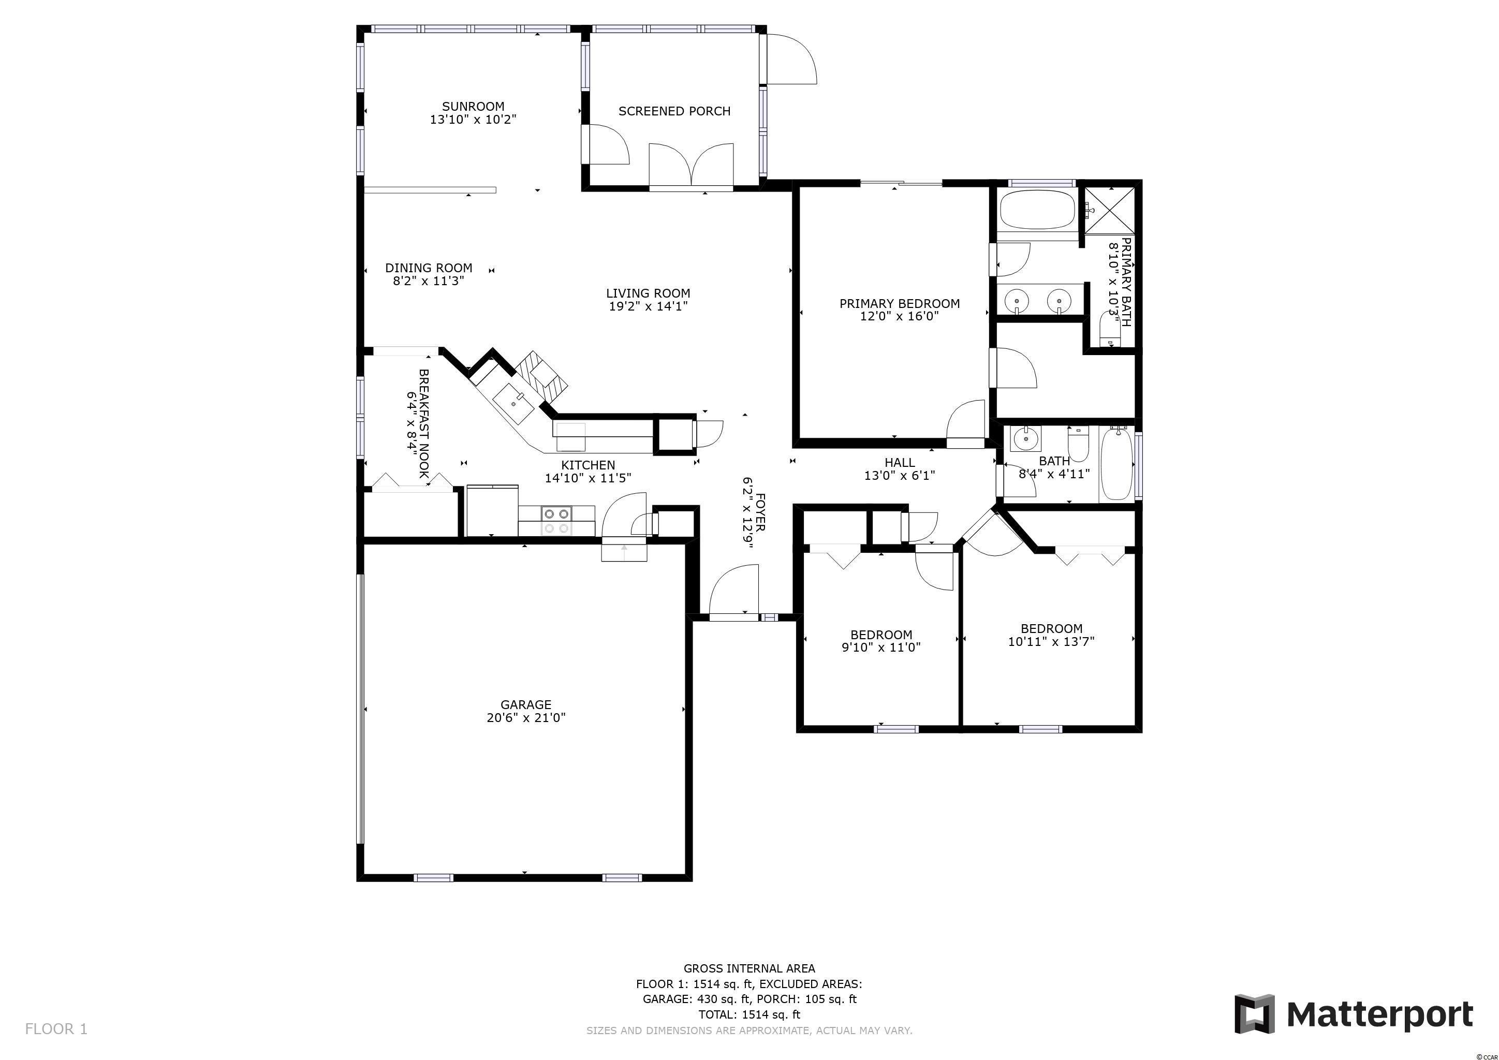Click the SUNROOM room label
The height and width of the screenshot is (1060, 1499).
pyautogui.click(x=473, y=107)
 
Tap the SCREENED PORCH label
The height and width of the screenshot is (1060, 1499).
pyautogui.click(x=674, y=112)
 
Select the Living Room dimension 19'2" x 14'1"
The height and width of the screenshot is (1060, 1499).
pyautogui.click(x=648, y=306)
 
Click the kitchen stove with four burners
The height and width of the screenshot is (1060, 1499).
pyautogui.click(x=556, y=521)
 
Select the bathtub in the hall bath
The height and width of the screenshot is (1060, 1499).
pyautogui.click(x=1116, y=463)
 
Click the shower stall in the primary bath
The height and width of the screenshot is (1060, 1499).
pyautogui.click(x=1110, y=210)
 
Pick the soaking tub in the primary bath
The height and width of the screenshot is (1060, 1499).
pyautogui.click(x=1036, y=209)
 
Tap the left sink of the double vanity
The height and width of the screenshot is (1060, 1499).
pyautogui.click(x=1017, y=301)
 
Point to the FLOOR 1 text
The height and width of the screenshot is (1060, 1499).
pyautogui.click(x=56, y=1029)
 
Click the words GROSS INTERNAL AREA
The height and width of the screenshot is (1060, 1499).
pyautogui.click(x=749, y=968)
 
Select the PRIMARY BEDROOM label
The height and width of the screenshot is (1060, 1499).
pyautogui.click(x=900, y=303)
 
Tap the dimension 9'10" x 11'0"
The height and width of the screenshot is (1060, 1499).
pyautogui.click(x=881, y=647)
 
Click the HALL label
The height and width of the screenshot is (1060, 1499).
pyautogui.click(x=900, y=463)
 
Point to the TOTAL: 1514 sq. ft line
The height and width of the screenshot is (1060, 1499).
pyautogui.click(x=749, y=1014)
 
